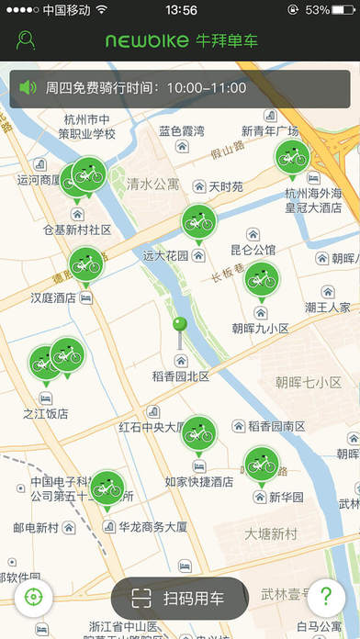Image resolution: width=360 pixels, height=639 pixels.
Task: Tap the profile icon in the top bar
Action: click(x=26, y=41)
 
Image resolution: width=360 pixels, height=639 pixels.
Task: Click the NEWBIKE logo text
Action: click(x=146, y=41)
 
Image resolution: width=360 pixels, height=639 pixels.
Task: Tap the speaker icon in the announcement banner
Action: click(x=28, y=88)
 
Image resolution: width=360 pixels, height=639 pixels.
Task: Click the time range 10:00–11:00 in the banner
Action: click(x=207, y=88)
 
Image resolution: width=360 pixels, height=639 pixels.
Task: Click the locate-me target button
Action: click(x=34, y=597)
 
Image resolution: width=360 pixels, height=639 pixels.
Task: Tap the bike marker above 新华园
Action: click(x=261, y=463)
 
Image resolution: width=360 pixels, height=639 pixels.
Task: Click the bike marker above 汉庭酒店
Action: click(x=85, y=263)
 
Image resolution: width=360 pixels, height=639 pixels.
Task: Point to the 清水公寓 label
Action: click(x=153, y=185)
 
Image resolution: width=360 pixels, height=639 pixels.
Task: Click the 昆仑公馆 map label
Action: click(x=253, y=250)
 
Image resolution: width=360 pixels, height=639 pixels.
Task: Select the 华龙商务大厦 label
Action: click(x=153, y=527)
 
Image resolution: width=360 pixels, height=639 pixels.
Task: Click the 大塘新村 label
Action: click(x=271, y=533)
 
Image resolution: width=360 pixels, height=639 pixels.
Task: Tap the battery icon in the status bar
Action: click(x=343, y=10)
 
